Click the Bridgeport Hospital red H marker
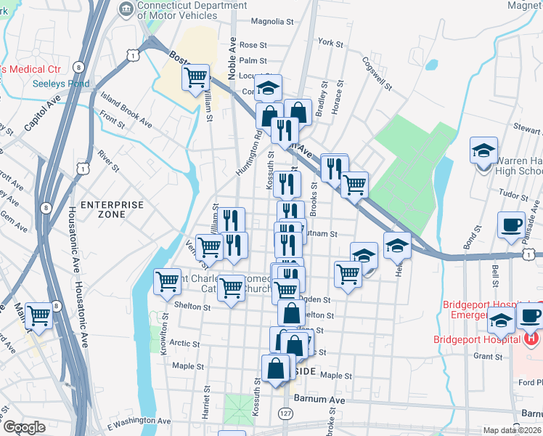(x=532, y=339)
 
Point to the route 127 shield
(x=285, y=413)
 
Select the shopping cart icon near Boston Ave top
(x=196, y=76)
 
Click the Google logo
(x=24, y=427)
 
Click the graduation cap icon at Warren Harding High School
(x=483, y=150)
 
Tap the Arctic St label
(x=185, y=343)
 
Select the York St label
(x=330, y=44)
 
